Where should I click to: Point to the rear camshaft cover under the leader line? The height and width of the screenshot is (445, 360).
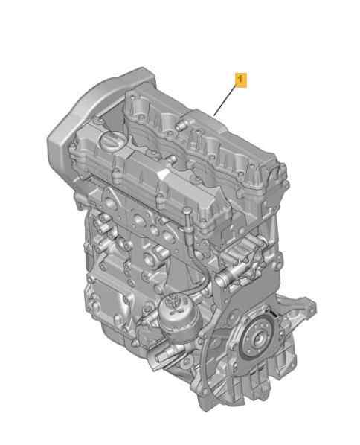[208, 145]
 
